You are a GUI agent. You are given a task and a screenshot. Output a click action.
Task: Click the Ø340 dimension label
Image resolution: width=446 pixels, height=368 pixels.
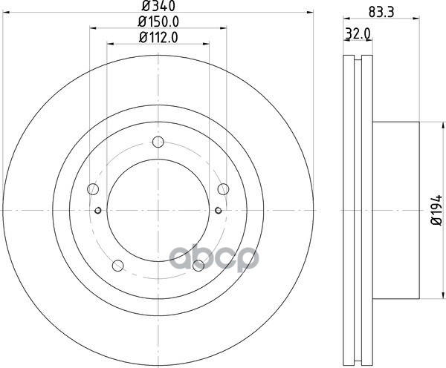tap(158, 6)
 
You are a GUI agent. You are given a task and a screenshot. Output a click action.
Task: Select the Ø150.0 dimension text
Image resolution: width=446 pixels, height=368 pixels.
tap(158, 22)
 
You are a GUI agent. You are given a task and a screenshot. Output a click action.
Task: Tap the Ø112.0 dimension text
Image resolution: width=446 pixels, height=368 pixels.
tap(158, 38)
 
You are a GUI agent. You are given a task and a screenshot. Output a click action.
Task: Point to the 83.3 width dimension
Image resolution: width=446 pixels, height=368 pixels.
tap(381, 13)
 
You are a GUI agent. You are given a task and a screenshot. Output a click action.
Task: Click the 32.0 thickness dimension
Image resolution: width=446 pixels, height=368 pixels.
tap(358, 34)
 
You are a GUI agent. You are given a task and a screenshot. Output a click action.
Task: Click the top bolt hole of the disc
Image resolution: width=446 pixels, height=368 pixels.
tap(158, 142)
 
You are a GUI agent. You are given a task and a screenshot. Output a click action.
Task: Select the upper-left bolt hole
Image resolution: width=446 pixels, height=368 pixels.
tap(93, 189)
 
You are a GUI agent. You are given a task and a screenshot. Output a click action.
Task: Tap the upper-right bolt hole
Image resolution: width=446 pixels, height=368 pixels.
tap(224, 189)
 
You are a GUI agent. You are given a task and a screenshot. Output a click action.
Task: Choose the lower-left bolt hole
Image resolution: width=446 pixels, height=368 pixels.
tap(117, 266)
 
